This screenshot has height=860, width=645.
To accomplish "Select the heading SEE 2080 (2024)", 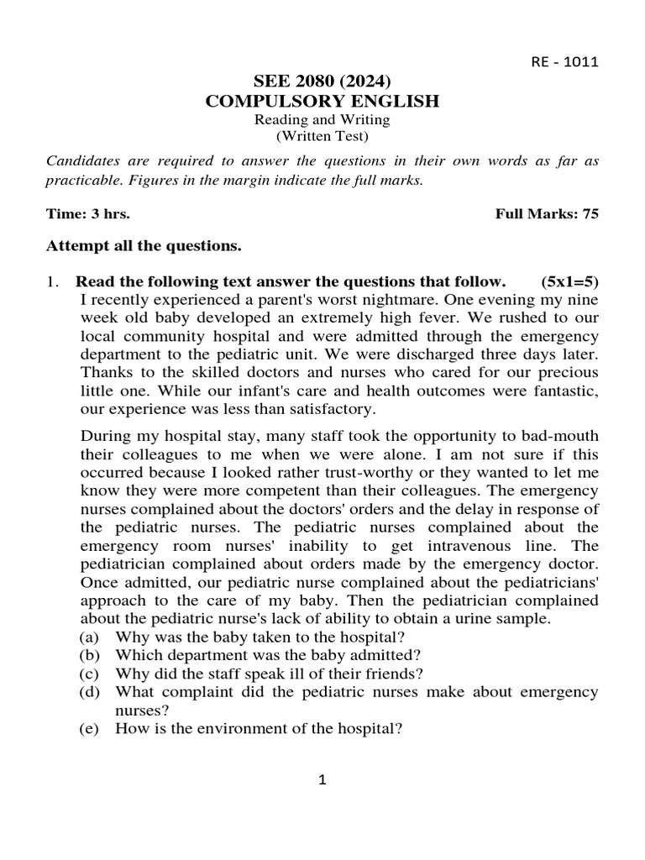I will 322,81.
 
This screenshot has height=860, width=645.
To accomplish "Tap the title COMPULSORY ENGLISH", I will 322,102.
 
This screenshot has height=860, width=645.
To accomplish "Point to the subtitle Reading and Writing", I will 322,120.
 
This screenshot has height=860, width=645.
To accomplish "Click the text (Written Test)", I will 322,136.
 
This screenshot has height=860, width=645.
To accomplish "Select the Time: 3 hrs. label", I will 88,214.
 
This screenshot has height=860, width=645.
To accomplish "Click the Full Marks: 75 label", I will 547,214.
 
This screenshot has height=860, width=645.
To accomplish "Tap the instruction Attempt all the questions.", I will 144,246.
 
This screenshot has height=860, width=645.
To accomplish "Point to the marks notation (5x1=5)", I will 570,281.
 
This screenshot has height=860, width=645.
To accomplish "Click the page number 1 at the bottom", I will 322,780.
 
